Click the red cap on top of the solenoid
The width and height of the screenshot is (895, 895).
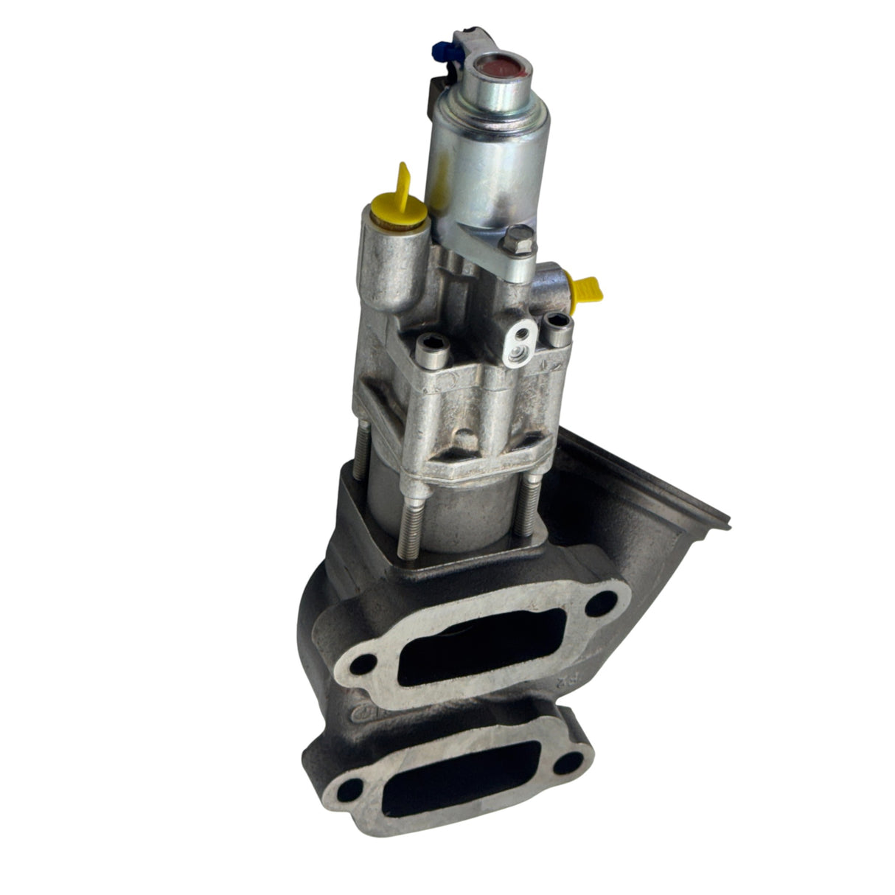coord(504,68)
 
